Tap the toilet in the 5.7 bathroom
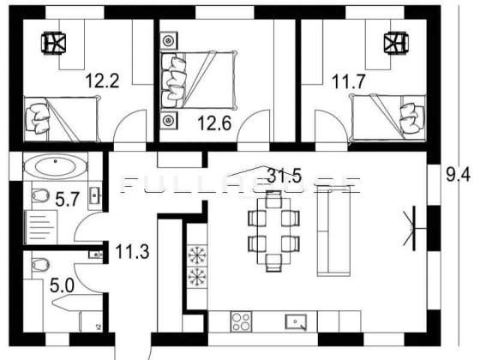click(x=38, y=197)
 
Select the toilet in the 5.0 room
click(x=37, y=266)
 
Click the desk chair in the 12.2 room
click(x=55, y=42)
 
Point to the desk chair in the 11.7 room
click(x=393, y=42)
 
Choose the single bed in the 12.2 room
click(x=60, y=116)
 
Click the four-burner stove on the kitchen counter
click(x=239, y=322)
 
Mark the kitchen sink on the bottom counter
click(x=297, y=322)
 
